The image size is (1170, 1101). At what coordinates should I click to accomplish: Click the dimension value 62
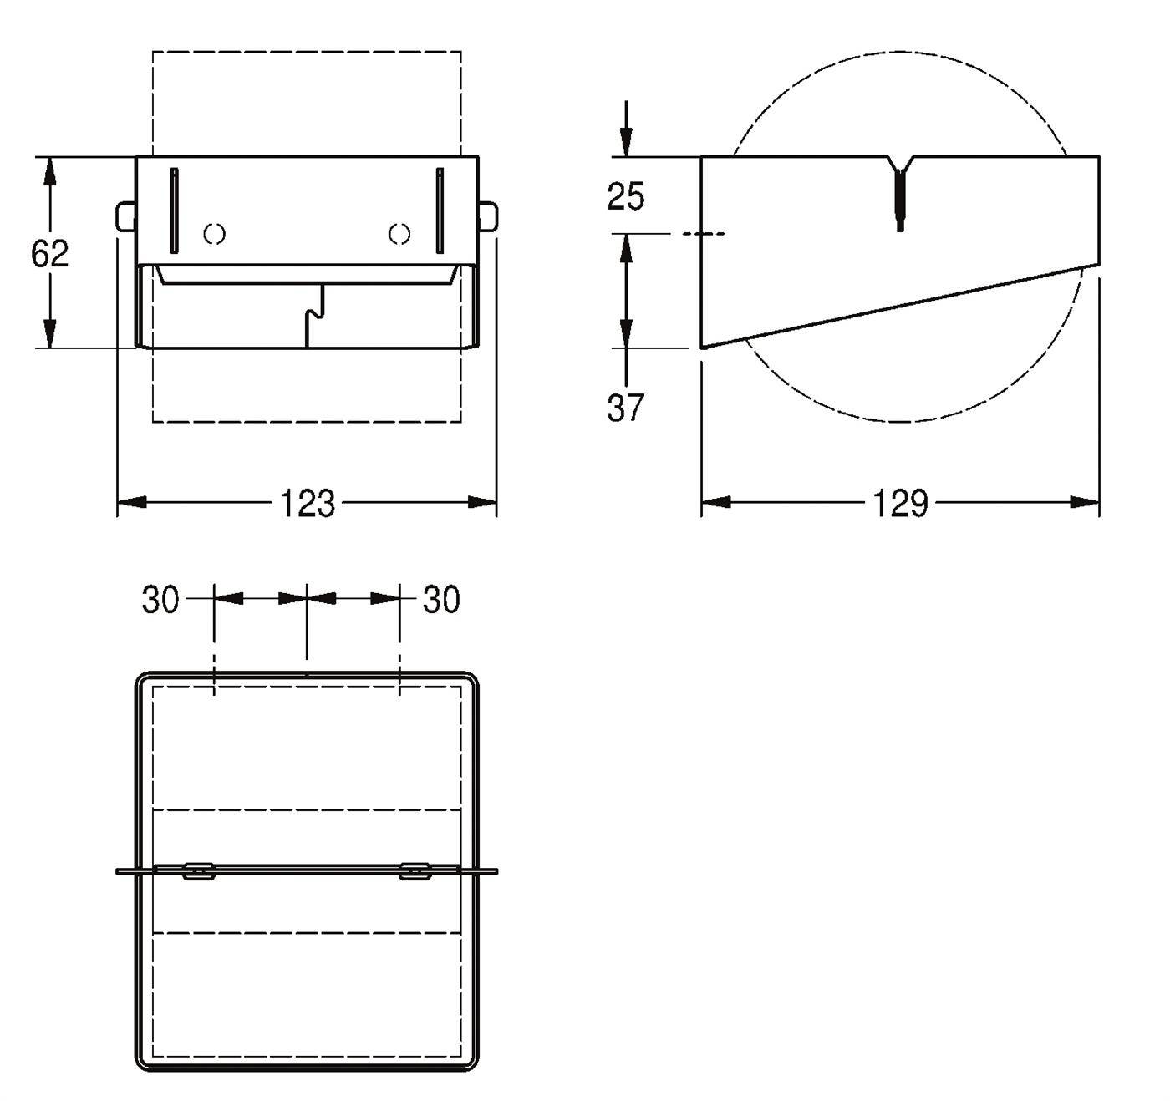click(50, 254)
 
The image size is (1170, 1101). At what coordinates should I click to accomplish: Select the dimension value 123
click(307, 503)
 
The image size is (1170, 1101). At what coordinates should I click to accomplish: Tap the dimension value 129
click(899, 503)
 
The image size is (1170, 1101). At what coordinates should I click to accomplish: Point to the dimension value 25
click(626, 196)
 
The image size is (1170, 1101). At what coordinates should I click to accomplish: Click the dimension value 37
click(626, 408)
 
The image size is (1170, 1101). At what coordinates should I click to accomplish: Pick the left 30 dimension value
click(160, 600)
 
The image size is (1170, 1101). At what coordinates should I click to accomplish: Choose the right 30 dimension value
click(441, 600)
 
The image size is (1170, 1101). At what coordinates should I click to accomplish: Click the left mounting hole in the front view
click(215, 235)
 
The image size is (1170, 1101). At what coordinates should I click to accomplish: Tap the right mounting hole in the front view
click(399, 235)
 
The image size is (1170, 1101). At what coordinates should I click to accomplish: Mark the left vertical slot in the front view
click(174, 211)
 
